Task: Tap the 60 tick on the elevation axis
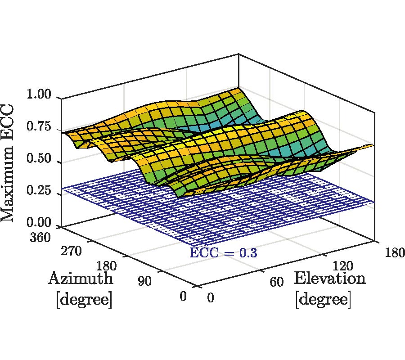[x=276, y=283]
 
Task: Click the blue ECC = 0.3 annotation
[x=223, y=252]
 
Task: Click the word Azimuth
[x=81, y=279]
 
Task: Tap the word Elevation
[x=329, y=279]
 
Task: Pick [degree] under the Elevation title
[x=323, y=299]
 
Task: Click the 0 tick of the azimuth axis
[x=183, y=297]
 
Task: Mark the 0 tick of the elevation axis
[x=211, y=298]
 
